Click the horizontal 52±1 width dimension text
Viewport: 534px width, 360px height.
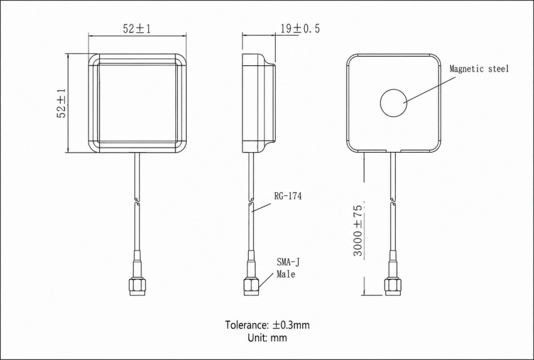click(x=137, y=29)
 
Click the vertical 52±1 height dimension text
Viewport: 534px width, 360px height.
click(x=62, y=103)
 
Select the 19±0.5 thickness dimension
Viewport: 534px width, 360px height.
click(x=300, y=29)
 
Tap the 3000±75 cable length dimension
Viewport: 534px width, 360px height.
click(x=357, y=231)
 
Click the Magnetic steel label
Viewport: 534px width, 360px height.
click(x=479, y=69)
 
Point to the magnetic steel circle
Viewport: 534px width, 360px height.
click(x=394, y=103)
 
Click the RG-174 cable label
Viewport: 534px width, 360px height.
click(x=288, y=196)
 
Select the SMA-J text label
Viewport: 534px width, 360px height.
click(x=288, y=262)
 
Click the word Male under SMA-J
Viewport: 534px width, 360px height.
click(x=286, y=274)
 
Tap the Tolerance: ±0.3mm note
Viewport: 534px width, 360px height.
click(x=268, y=325)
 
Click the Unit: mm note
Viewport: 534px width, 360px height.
click(x=268, y=337)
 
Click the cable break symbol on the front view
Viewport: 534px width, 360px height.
click(x=137, y=202)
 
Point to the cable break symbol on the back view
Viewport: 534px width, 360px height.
click(x=393, y=202)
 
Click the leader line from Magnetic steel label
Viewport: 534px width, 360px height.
click(x=430, y=90)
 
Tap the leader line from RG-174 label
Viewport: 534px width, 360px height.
click(x=261, y=208)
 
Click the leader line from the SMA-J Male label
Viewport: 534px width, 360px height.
click(x=266, y=280)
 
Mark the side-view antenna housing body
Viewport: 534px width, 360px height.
click(x=258, y=103)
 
